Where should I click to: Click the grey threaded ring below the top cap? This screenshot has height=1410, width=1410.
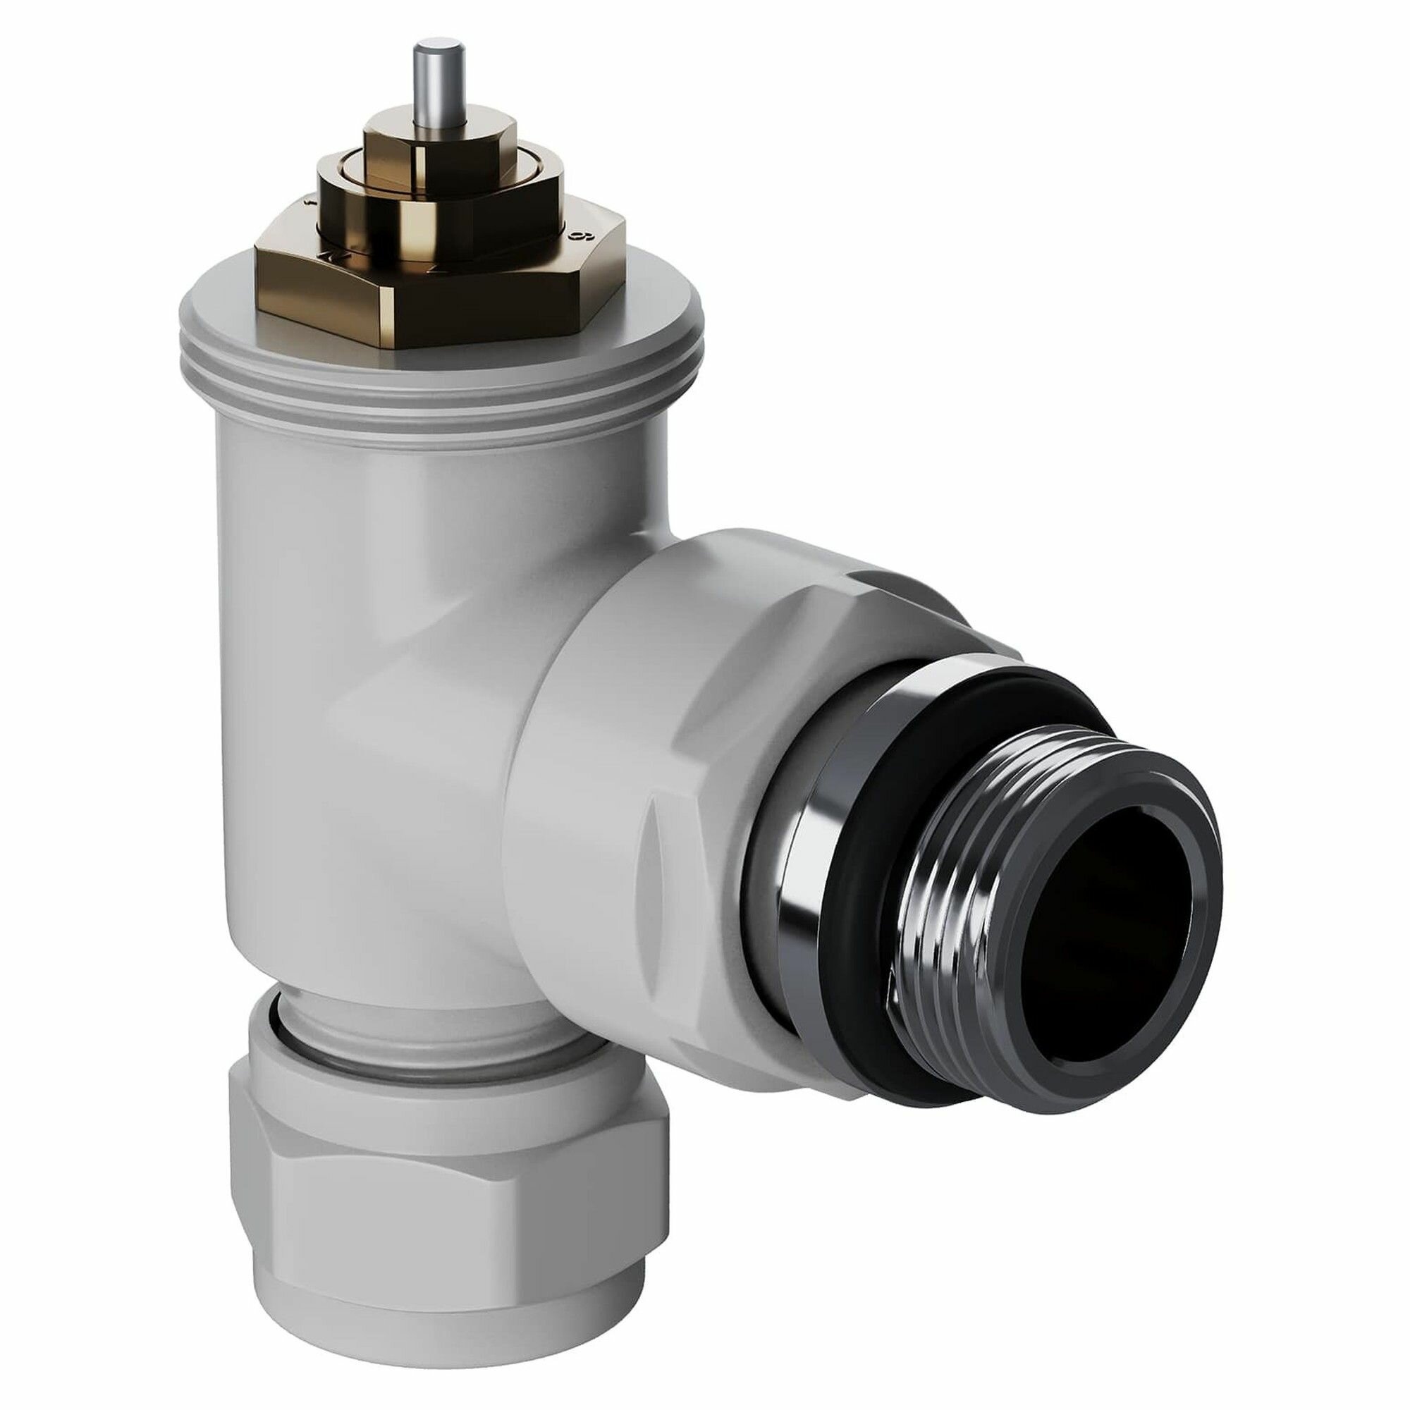coord(438,401)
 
